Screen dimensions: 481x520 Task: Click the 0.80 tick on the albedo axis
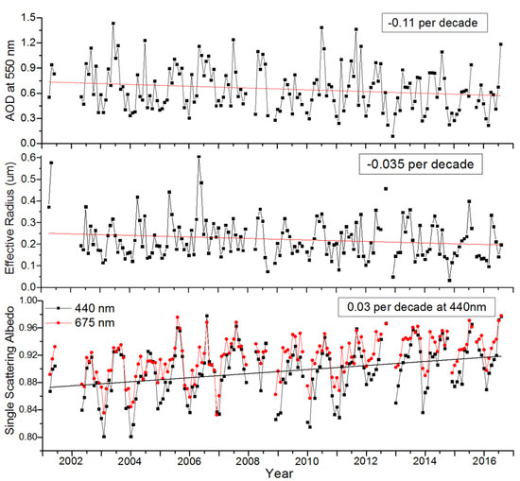point(28,438)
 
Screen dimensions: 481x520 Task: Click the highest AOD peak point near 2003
point(113,24)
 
